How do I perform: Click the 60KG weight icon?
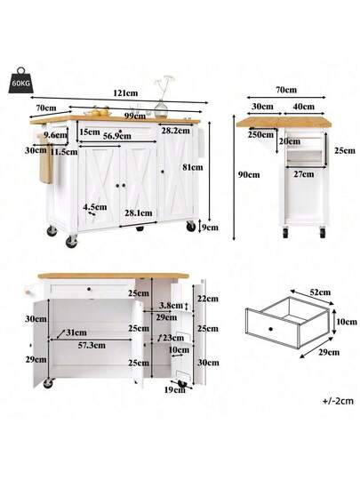pos(21,80)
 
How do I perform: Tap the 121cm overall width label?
pos(125,93)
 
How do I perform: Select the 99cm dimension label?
pos(136,116)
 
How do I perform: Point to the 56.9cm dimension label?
pos(117,136)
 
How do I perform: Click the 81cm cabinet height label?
pos(193,167)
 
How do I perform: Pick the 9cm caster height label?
pos(211,228)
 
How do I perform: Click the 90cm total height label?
pos(249,175)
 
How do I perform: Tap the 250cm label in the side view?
pos(260,134)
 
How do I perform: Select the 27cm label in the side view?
pos(304,174)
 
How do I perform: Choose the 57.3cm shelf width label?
pos(92,345)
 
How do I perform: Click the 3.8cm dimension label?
pos(171,306)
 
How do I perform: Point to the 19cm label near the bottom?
pos(175,389)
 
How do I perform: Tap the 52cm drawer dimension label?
pos(320,292)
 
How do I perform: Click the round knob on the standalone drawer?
pos(270,329)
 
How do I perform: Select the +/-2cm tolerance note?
pos(338,401)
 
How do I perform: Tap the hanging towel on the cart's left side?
pos(46,160)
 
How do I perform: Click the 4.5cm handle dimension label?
pos(95,207)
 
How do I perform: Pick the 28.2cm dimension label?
pos(176,131)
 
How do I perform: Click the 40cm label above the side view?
pos(304,107)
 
